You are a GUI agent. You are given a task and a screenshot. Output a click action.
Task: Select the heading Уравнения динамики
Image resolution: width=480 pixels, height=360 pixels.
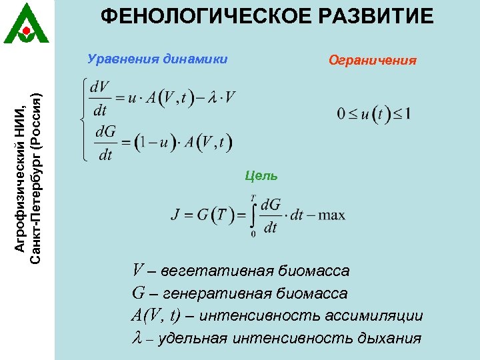click(x=158, y=59)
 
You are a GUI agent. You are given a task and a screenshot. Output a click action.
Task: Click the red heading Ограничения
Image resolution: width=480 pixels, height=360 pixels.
click(x=373, y=61)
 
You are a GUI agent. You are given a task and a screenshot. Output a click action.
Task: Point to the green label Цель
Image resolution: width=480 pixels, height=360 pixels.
click(x=261, y=176)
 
